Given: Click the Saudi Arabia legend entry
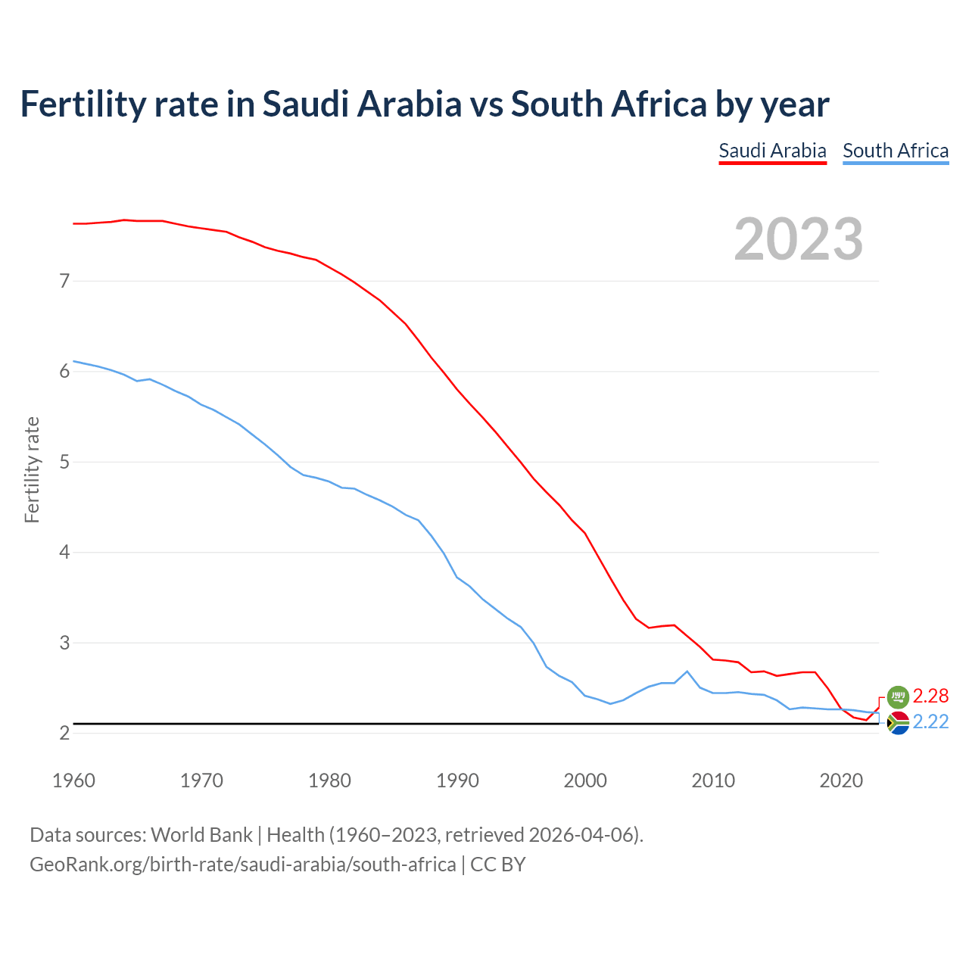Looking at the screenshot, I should point(772,151).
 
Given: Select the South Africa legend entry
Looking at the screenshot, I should point(896,151).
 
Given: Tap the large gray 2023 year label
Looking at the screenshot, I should point(799,239).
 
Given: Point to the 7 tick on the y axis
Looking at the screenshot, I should point(64,281).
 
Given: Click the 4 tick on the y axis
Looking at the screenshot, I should point(64,553).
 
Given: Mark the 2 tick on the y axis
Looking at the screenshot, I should point(64,733).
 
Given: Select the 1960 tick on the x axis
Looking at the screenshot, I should point(73,780).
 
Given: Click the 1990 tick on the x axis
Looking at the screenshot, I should point(457,780).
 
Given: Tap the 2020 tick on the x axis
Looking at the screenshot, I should point(841,780).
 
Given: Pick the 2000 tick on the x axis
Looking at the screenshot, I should point(585,780).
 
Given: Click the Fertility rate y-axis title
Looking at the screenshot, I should point(32,469).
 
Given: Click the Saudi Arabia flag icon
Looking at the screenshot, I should point(898,696).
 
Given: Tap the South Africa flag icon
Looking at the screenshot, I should point(898,723).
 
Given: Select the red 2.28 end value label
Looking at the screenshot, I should point(930,696).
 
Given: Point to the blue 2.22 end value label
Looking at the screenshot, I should point(930,722).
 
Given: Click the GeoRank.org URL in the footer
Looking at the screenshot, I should point(242,864).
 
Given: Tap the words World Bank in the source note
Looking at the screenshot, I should point(201,834).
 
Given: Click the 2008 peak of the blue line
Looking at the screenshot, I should point(687,671).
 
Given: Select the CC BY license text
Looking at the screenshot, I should point(497,864).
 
